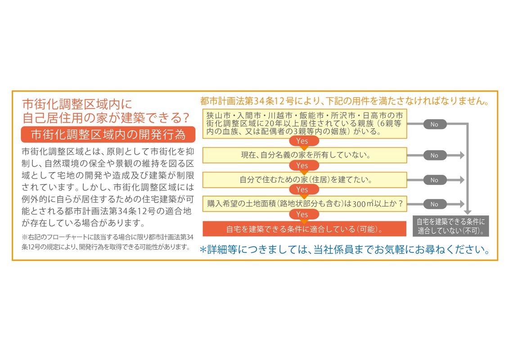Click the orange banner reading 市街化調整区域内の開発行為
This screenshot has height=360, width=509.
pyautogui.click(x=108, y=135)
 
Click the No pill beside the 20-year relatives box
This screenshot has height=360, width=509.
pyautogui.click(x=434, y=124)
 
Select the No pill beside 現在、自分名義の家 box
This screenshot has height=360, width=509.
pyautogui.click(x=434, y=156)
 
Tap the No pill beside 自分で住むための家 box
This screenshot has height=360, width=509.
pyautogui.click(x=434, y=180)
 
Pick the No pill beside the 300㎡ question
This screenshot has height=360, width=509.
pyautogui.click(x=434, y=204)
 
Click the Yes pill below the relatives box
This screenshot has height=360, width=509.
pyautogui.click(x=302, y=141)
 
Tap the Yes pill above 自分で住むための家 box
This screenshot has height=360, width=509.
pyautogui.click(x=302, y=166)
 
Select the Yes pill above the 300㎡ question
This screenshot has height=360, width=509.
pyautogui.click(x=302, y=189)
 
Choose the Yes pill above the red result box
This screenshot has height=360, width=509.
pyautogui.click(x=302, y=214)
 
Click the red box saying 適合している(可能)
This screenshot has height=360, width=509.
pyautogui.click(x=305, y=229)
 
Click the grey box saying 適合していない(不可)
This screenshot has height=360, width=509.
pyautogui.click(x=451, y=226)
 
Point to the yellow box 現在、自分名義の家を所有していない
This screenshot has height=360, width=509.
pyautogui.click(x=305, y=155)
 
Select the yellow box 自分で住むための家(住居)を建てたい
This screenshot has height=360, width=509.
pyautogui.click(x=305, y=180)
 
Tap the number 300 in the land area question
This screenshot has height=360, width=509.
pyautogui.click(x=359, y=204)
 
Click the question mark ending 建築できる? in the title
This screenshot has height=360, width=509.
pyautogui.click(x=186, y=117)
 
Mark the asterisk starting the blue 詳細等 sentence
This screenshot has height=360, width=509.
pyautogui.click(x=203, y=250)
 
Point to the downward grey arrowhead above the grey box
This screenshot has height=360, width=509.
pyautogui.click(x=468, y=212)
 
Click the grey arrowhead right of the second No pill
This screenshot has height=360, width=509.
pyautogui.click(x=462, y=156)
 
